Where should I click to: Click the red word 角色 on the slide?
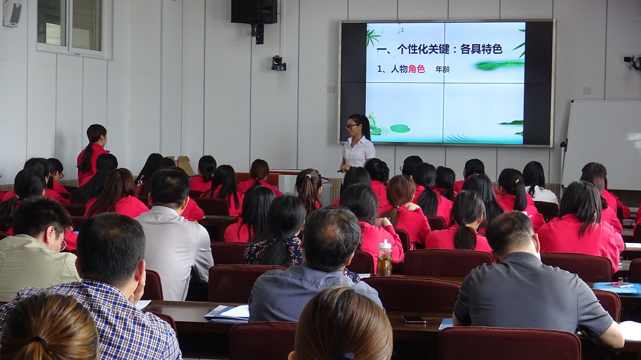pos(416,69)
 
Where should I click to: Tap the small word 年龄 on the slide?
pos(442,69)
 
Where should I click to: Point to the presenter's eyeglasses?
pos(351,126)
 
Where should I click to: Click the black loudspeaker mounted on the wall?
pos(254,11)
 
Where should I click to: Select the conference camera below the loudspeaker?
pos(278,63)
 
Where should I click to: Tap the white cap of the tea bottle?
pos(385,244)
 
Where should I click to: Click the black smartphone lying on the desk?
pos(414,320)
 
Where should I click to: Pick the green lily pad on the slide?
pos(400,129)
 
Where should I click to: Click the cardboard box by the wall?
pos(183,164)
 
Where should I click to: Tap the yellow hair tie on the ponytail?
pos(517,181)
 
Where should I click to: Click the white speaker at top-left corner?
pos(12,13)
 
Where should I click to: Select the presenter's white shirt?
pos(359,152)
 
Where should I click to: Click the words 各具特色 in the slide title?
pos(481,49)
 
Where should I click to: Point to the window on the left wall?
pos(74,28)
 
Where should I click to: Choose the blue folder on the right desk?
pos(617,288)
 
